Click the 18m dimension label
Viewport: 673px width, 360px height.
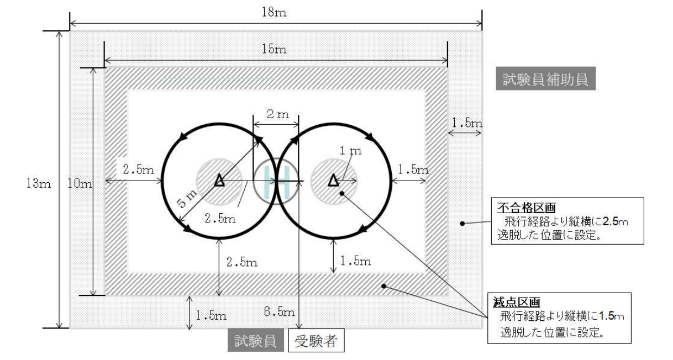(x=275, y=12)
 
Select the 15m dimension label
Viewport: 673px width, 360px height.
(x=275, y=50)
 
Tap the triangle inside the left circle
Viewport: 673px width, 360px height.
(x=220, y=180)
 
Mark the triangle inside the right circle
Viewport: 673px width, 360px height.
(x=333, y=180)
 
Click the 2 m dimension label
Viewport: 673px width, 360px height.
(x=276, y=115)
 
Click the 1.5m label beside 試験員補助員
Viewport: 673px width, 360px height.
(x=466, y=123)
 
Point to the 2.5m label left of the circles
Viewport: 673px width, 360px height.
(x=138, y=170)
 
